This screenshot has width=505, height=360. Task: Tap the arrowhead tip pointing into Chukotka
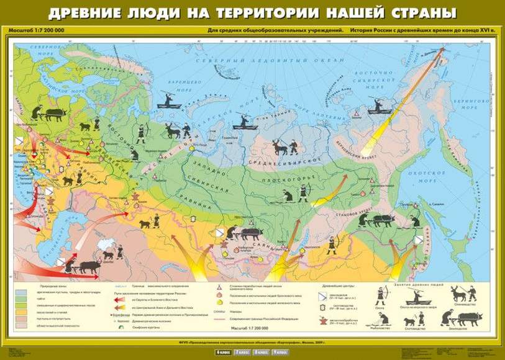pos(446,49)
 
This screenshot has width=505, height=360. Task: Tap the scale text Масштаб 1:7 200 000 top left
pos(35,30)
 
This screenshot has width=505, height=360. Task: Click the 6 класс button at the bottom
pos(222,353)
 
